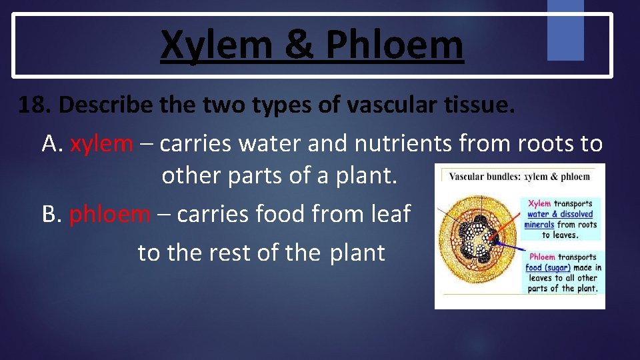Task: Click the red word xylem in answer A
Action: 101,143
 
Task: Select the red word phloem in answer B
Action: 110,214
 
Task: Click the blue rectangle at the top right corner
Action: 565,30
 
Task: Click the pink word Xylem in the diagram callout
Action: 539,204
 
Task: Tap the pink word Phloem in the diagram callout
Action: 542,257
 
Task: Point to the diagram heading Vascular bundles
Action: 484,177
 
